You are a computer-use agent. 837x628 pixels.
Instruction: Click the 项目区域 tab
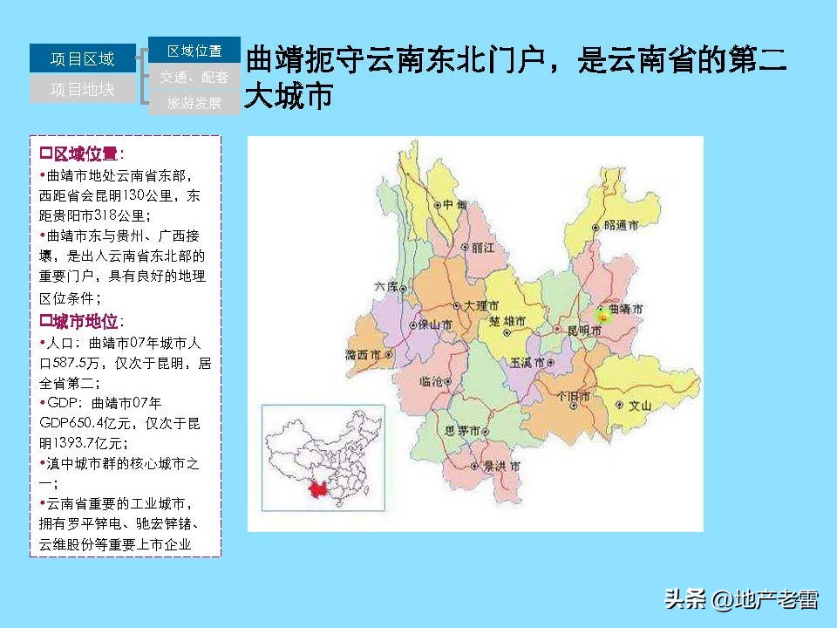pos(83,58)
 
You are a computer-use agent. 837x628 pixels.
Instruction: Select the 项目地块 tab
pos(83,89)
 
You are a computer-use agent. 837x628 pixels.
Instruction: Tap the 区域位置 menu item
pos(194,51)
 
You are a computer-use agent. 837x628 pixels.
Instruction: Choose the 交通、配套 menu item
pos(194,77)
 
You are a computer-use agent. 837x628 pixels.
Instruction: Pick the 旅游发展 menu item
pos(194,103)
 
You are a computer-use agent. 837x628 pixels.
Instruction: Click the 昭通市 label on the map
pos(621,225)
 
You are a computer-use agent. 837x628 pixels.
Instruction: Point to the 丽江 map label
pos(482,248)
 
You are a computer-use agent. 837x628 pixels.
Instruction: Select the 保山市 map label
pos(435,325)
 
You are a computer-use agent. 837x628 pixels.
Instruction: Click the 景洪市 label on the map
pos(501,467)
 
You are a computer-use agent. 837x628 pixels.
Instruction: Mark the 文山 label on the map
pos(640,405)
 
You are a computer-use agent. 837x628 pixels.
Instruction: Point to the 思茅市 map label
pos(463,431)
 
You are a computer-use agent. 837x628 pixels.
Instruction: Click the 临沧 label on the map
pos(432,381)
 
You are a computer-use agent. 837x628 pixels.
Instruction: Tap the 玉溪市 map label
pos(527,362)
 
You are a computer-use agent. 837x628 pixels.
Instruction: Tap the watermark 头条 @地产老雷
pos(741,599)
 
